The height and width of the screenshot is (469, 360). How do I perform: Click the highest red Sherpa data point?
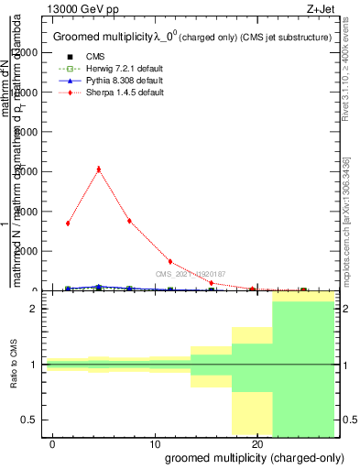(x=98, y=169)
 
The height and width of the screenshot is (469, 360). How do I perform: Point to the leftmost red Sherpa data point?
(x=68, y=224)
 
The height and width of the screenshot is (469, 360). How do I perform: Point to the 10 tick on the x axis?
(x=155, y=443)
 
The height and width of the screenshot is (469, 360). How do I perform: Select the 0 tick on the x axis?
(x=53, y=443)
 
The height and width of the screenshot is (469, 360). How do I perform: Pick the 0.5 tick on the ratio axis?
(x=31, y=420)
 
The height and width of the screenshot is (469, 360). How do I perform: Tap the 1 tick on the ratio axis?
(x=35, y=365)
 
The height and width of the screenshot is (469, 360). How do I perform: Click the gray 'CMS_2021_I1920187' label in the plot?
(x=191, y=274)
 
